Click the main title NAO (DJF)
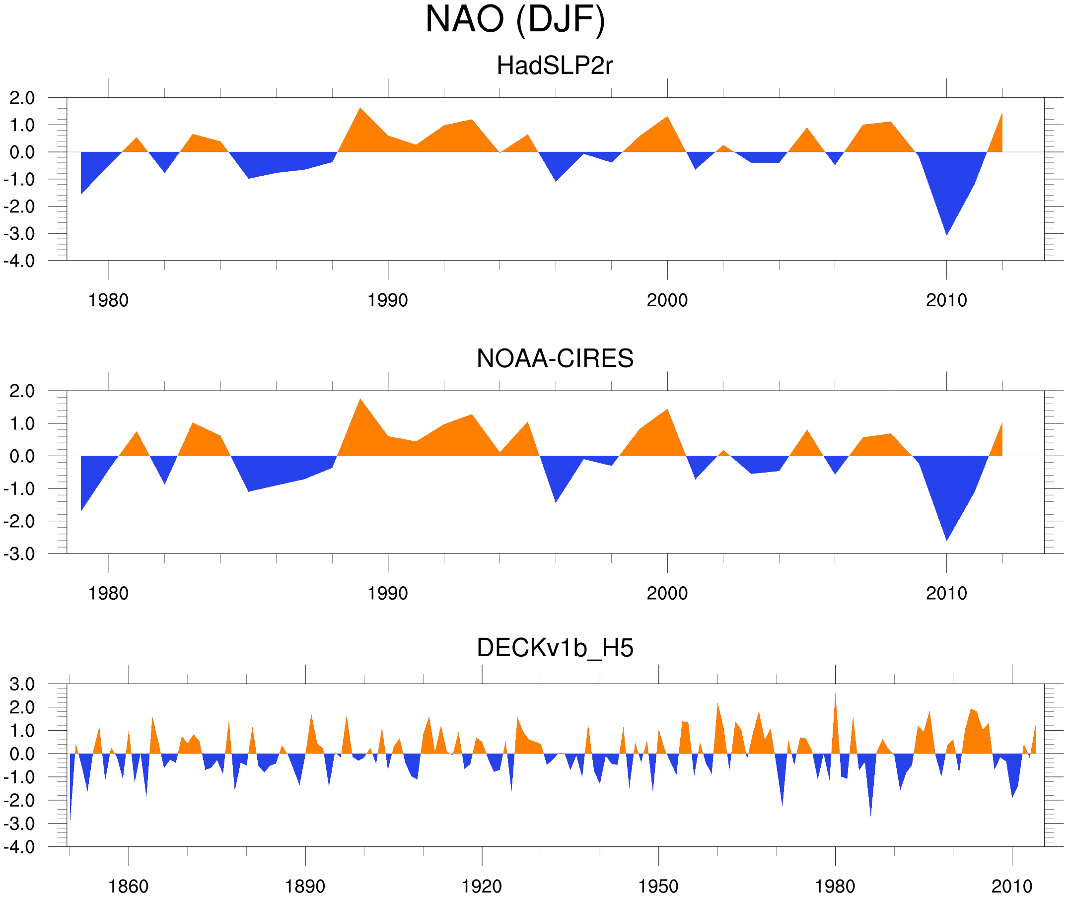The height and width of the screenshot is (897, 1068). coord(515,19)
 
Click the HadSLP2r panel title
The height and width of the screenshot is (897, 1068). coord(554,66)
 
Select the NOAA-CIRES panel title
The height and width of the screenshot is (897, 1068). coord(554,358)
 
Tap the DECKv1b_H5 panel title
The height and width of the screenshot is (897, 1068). coord(554,648)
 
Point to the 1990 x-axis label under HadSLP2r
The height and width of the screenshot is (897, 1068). coord(388,300)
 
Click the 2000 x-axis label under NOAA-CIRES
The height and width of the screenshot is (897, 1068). coord(667,593)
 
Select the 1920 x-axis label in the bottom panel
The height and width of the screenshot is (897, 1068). coord(481,886)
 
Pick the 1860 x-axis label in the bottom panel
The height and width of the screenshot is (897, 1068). coord(128,886)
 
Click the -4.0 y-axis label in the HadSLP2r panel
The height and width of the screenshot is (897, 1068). coord(19,261)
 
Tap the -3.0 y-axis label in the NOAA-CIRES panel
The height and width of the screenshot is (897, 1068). coord(19,554)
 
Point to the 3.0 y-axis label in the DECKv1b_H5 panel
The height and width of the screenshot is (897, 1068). coord(22,685)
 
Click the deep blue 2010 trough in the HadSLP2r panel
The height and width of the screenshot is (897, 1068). coord(946,224)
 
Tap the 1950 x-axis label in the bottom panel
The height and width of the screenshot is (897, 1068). coord(658,886)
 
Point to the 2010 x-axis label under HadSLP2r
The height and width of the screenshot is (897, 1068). coord(946,300)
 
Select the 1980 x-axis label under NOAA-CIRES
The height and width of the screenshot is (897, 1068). coord(108,593)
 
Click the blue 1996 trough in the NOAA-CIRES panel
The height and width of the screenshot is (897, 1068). coord(556,493)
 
